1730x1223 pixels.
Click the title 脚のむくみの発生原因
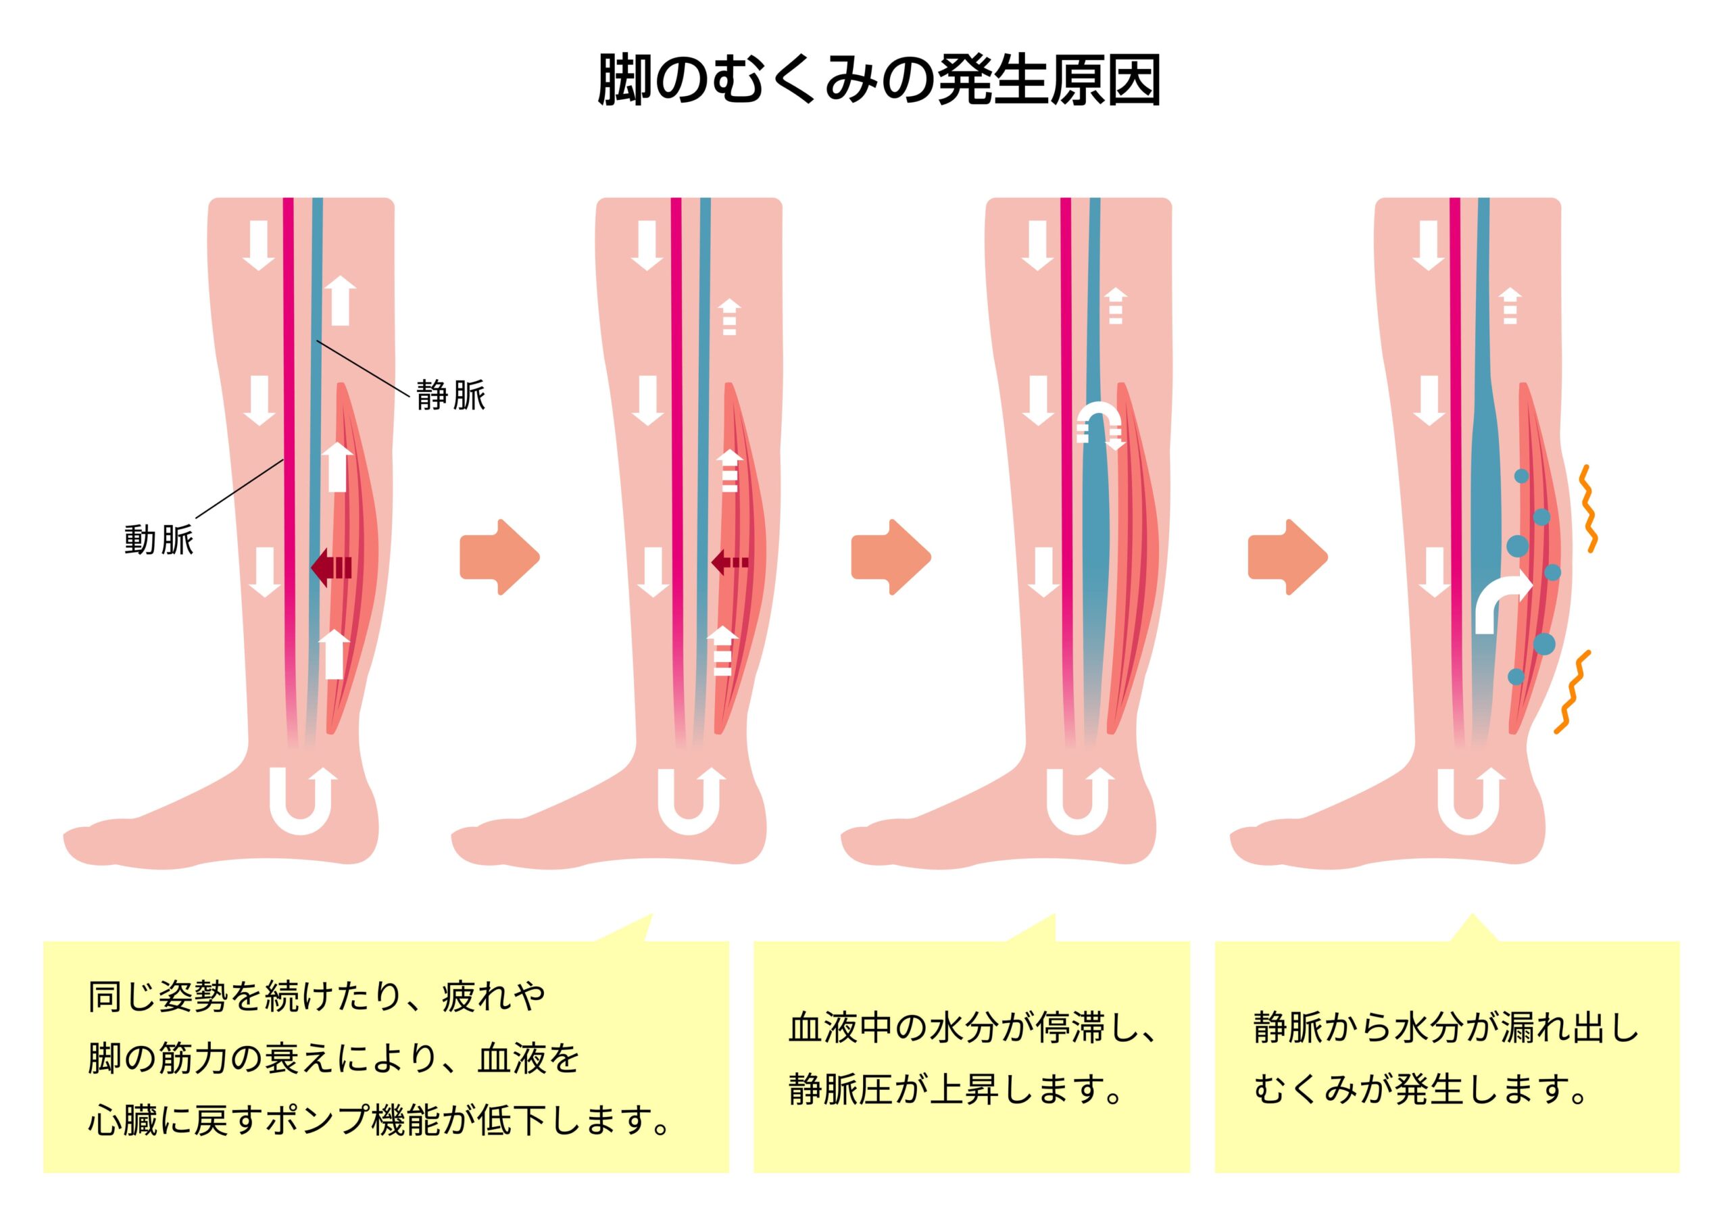(x=879, y=80)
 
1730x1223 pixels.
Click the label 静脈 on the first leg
(x=451, y=395)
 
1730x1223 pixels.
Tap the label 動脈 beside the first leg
(x=159, y=541)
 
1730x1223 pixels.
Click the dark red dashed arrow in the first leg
(x=332, y=567)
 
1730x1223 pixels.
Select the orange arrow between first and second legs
(x=499, y=557)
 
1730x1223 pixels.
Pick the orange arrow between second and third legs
(x=891, y=557)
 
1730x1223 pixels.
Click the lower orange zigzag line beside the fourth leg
(x=1573, y=692)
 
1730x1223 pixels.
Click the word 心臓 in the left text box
(x=122, y=1121)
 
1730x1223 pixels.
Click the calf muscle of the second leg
(x=741, y=557)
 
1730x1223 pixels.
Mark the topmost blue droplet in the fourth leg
(x=1522, y=476)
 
